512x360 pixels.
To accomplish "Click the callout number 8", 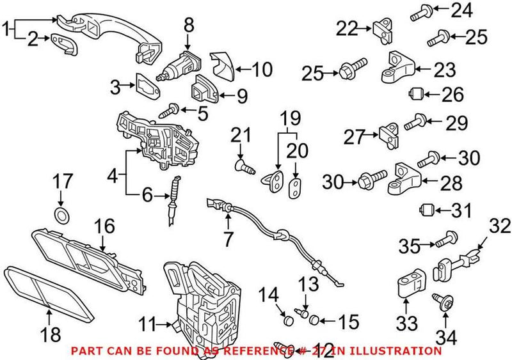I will click(188, 25).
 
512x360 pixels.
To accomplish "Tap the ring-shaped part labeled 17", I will click(61, 215).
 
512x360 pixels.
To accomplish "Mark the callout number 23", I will click(444, 69).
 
